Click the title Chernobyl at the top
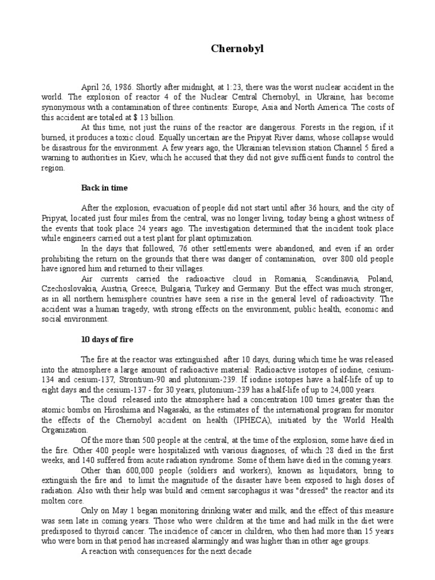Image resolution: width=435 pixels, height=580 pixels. [233, 50]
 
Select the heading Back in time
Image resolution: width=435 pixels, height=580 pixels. [105, 187]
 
